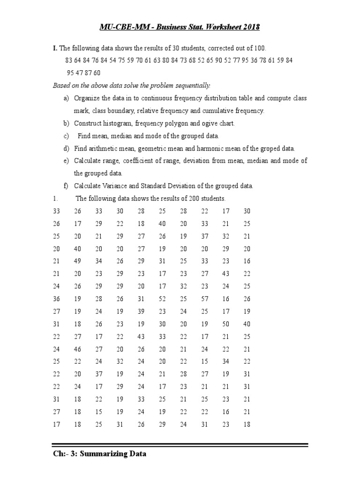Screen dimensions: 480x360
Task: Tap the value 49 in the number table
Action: (x=78, y=261)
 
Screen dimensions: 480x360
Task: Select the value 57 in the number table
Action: (x=205, y=299)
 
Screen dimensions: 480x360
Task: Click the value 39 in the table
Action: (x=142, y=311)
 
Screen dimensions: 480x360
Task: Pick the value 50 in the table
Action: (x=226, y=324)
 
